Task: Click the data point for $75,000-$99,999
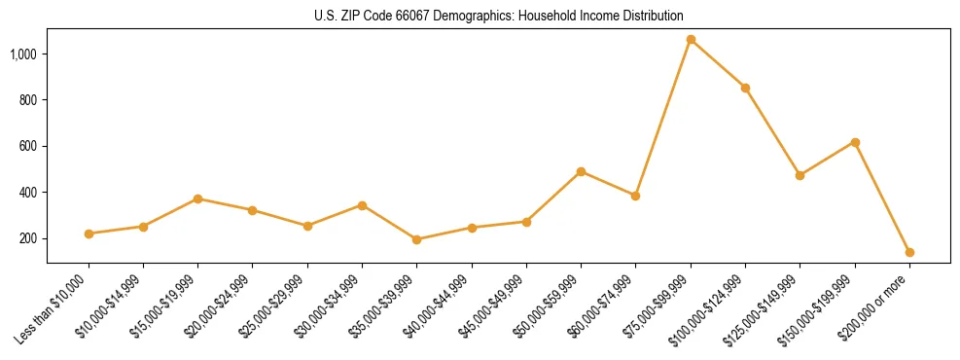tap(691, 40)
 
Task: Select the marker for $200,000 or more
tap(909, 252)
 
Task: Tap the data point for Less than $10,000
tap(89, 234)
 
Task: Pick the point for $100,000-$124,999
tap(745, 88)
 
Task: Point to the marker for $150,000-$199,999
tap(855, 142)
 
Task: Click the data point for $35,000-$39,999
tap(416, 239)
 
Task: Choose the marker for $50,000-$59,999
tap(581, 171)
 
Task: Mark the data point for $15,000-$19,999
tap(197, 198)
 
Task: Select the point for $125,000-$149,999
tap(800, 175)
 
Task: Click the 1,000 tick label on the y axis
tap(24, 54)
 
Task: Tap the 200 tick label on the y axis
tap(29, 239)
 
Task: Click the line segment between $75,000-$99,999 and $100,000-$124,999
tap(718, 64)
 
